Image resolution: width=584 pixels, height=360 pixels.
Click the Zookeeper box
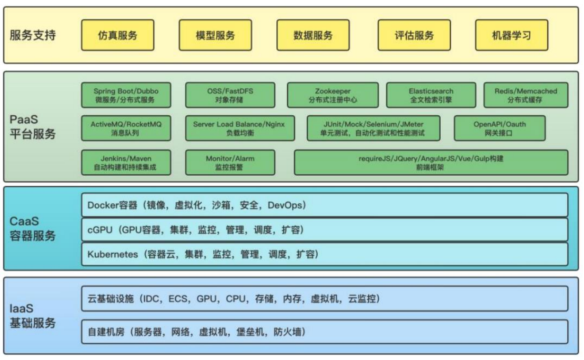click(x=332, y=95)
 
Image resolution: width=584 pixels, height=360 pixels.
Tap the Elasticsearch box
click(x=431, y=95)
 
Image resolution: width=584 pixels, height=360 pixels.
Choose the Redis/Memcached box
click(x=525, y=95)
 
